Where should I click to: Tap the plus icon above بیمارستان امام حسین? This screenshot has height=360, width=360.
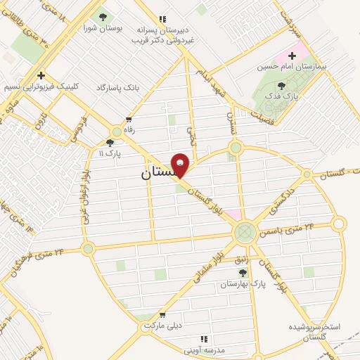tap(291, 55)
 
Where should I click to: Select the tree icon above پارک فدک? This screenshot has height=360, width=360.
tap(282, 85)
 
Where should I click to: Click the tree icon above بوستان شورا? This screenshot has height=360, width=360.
tap(103, 17)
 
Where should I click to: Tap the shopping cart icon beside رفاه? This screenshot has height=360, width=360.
tap(129, 120)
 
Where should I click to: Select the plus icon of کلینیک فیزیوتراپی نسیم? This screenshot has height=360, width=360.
tap(41, 75)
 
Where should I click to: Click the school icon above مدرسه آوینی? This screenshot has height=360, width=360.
tap(205, 339)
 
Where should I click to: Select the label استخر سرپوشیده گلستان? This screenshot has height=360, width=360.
tap(315, 332)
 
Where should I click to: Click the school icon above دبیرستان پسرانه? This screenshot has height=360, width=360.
tap(162, 20)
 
